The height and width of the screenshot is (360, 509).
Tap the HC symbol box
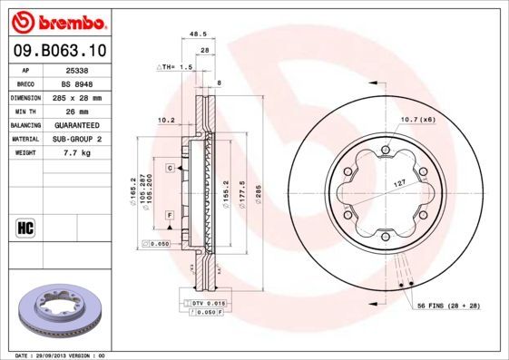(x=24, y=227)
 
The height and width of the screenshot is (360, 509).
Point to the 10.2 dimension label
(x=166, y=120)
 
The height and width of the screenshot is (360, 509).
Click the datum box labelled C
(x=170, y=168)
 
